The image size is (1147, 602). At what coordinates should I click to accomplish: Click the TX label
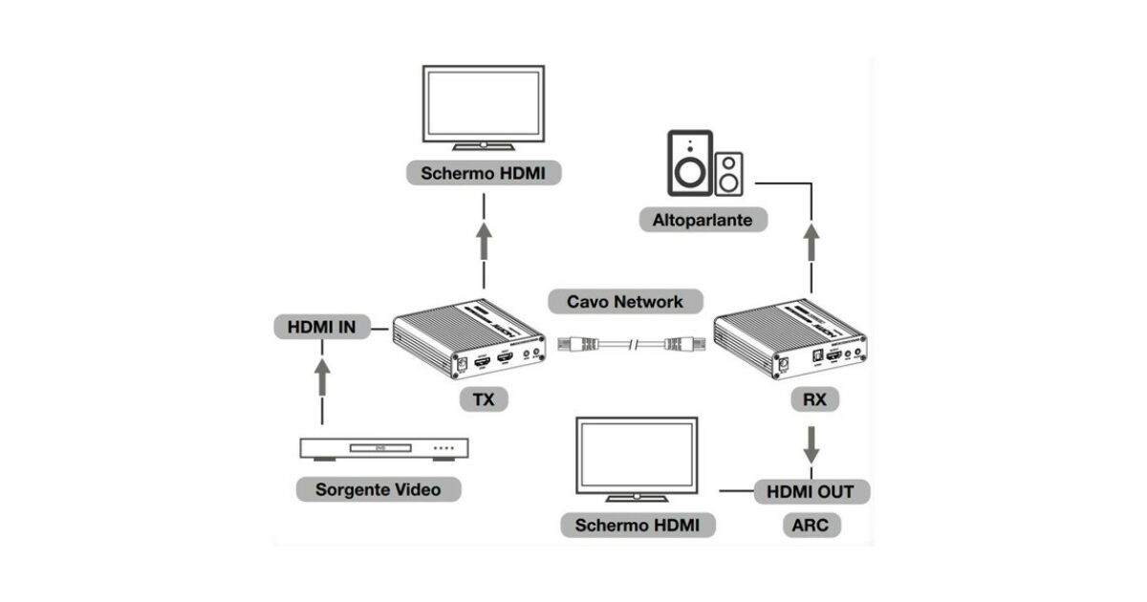pos(484,399)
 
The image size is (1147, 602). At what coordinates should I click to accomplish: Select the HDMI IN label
pos(322,328)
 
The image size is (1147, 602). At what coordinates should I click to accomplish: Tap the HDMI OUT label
pos(812,491)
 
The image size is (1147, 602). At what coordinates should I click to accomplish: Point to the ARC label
pos(812,525)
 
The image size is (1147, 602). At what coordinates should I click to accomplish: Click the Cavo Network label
pos(625,302)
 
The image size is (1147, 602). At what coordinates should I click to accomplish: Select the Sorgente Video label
pos(379,489)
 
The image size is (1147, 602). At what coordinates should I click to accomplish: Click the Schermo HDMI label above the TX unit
pos(484,173)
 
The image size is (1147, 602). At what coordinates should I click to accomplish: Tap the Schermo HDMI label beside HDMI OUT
pos(638,525)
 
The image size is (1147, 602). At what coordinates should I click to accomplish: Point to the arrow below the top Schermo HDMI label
pos(484,239)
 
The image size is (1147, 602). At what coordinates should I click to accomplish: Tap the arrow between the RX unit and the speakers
pos(812,244)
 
